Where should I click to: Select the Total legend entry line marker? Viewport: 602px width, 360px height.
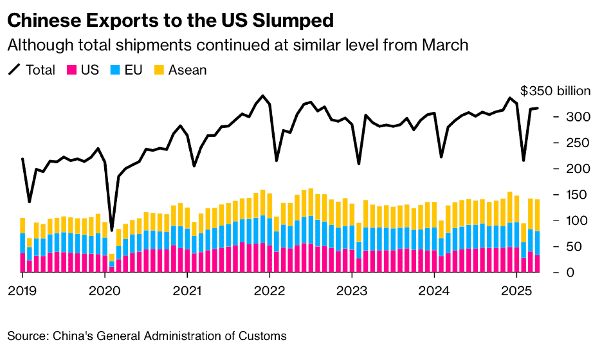pyautogui.click(x=14, y=69)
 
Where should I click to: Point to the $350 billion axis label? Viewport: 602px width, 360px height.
pyautogui.click(x=555, y=91)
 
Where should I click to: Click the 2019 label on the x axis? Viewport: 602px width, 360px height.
pyautogui.click(x=23, y=291)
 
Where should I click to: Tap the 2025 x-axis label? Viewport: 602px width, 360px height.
pyautogui.click(x=516, y=291)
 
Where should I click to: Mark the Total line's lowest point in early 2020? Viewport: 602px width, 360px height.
pyautogui.click(x=112, y=230)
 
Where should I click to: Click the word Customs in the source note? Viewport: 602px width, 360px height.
pyautogui.click(x=265, y=336)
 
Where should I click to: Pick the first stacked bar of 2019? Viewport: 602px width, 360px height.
pyautogui.click(x=23, y=245)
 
